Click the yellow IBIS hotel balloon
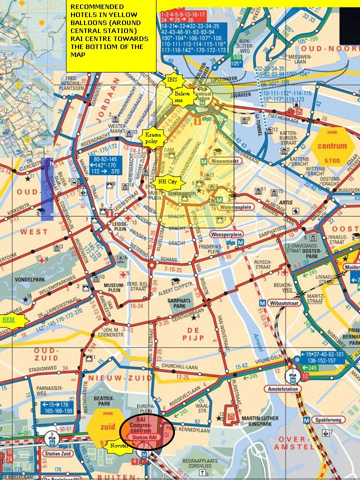point(172,79)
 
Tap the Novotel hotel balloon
point(118,445)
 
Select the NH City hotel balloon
point(167,182)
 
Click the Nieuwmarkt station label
point(226,161)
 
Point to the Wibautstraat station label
point(283,303)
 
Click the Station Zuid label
point(56,453)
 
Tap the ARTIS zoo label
point(286,202)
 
